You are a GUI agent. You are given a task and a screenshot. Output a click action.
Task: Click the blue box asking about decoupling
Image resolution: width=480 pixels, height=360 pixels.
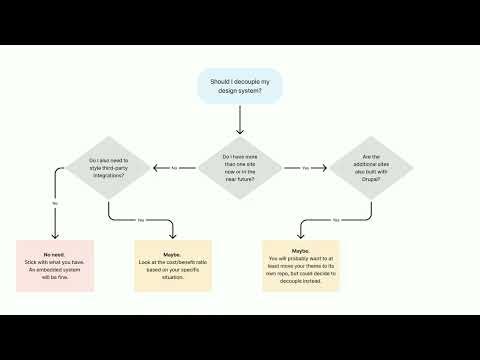point(240,86)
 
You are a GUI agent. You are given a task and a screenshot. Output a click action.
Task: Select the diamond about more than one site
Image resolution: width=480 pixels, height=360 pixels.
point(239,166)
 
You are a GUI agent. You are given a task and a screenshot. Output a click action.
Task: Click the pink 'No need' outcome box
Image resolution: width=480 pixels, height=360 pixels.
point(55,265)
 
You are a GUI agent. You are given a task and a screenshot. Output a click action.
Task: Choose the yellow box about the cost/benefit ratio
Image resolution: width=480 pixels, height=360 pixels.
point(173,265)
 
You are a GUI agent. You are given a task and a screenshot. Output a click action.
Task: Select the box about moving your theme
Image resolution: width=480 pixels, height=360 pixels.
point(301,265)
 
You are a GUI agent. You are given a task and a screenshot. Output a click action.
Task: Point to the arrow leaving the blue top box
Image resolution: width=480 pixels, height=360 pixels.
point(240,119)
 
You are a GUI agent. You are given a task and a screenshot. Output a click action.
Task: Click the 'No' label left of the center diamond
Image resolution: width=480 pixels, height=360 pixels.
point(174,167)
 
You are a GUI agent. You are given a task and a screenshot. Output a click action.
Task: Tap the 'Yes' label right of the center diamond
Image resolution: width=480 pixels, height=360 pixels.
point(303,167)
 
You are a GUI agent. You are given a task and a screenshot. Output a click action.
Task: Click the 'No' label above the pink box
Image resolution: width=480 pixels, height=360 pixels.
point(54,203)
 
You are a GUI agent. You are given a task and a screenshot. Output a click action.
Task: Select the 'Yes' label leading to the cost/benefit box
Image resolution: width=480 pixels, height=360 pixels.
point(141,219)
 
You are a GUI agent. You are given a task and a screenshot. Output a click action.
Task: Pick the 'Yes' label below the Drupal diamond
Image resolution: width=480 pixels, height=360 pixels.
point(336,219)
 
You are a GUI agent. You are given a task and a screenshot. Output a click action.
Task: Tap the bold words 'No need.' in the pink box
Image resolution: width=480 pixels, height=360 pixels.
point(55,249)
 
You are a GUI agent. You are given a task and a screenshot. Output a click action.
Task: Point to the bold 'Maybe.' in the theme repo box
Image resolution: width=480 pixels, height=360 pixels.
point(301,250)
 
